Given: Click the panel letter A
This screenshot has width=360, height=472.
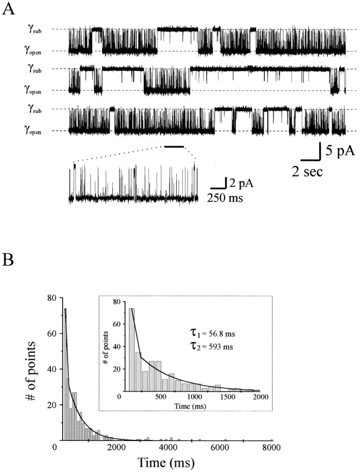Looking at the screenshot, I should pos(8,12).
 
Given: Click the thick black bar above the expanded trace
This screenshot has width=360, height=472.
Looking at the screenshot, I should pos(174,147).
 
